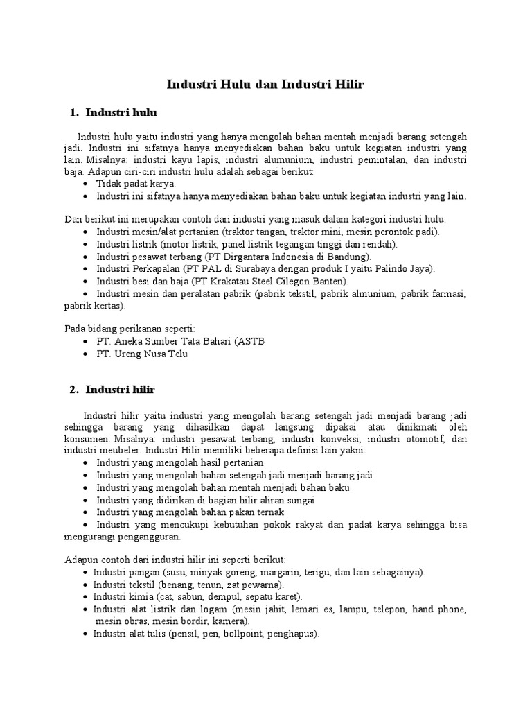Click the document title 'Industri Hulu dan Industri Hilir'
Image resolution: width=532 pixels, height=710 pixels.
pyautogui.click(x=265, y=85)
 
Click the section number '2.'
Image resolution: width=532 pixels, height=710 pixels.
pyautogui.click(x=75, y=390)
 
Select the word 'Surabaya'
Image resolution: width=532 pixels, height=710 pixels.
pyautogui.click(x=249, y=268)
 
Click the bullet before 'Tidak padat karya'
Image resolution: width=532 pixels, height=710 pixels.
pyautogui.click(x=85, y=184)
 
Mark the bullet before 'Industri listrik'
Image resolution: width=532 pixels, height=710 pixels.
pyautogui.click(x=85, y=244)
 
